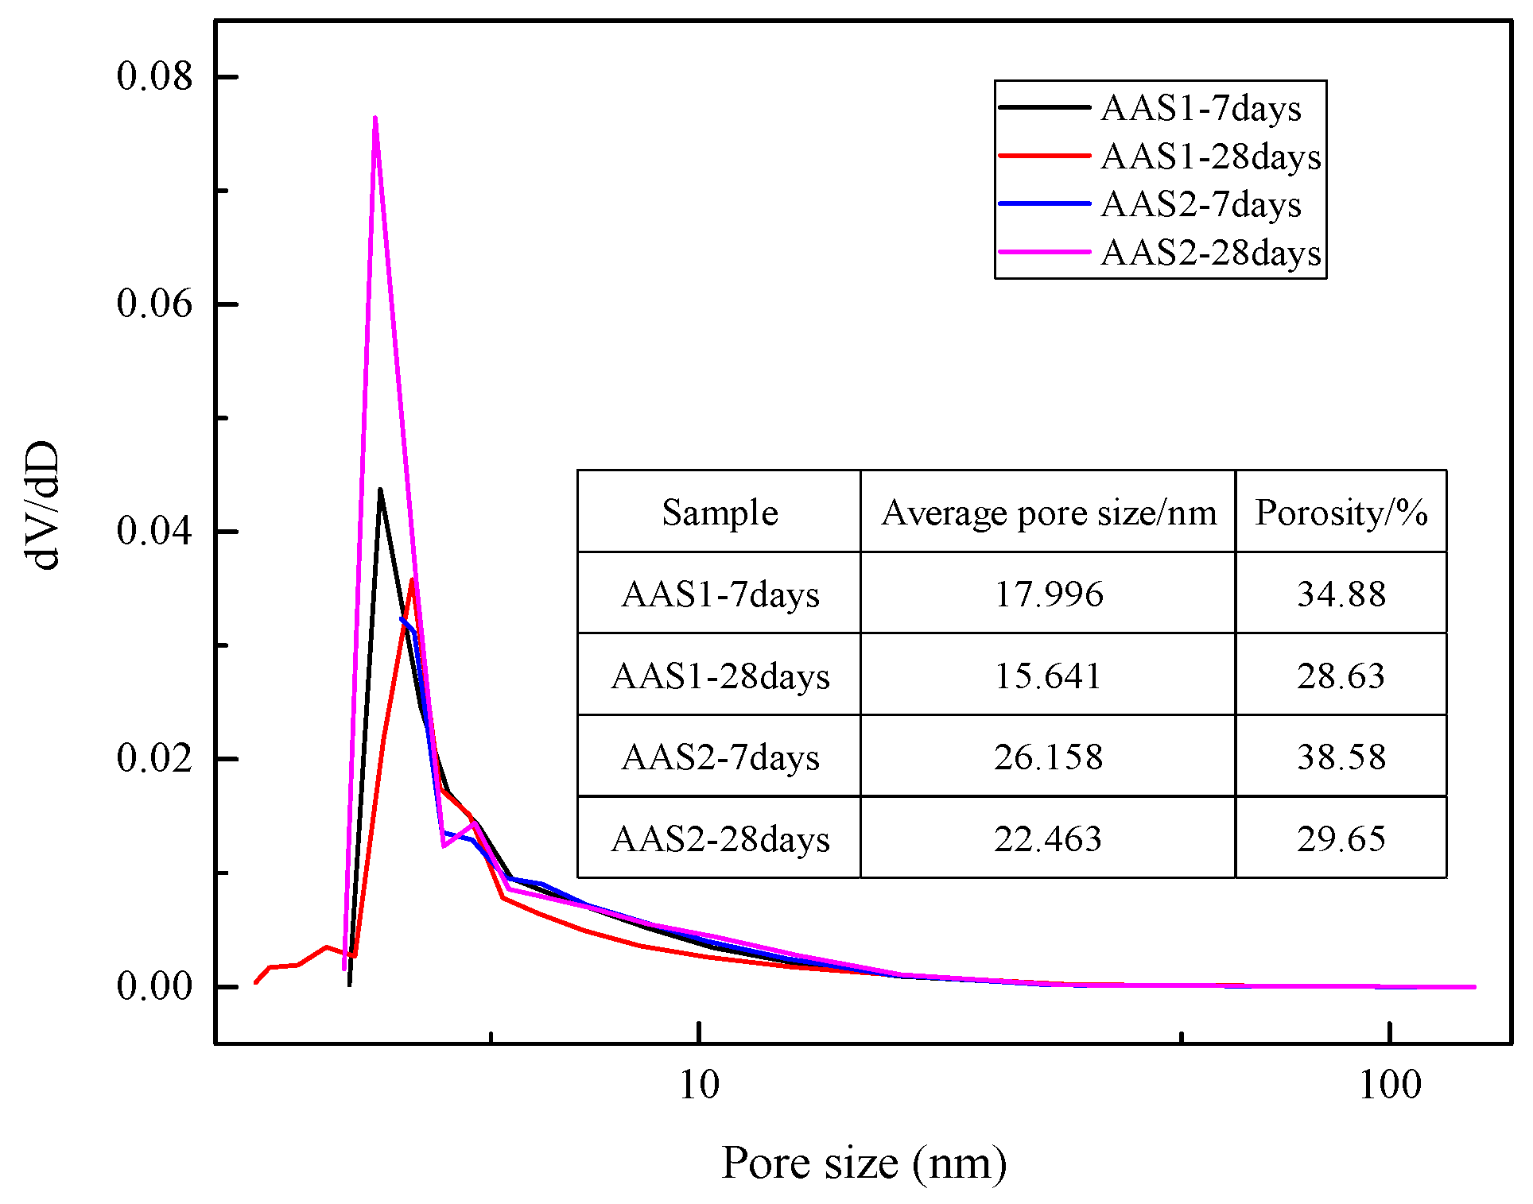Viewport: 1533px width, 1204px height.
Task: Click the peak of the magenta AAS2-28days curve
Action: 375,118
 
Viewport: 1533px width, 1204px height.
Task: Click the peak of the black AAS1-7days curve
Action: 380,490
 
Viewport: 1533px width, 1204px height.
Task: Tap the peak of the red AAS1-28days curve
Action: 412,579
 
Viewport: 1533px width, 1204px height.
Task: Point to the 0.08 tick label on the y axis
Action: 154,76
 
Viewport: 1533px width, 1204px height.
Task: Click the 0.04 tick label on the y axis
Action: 154,531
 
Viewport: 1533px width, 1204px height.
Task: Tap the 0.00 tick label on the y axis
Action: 154,986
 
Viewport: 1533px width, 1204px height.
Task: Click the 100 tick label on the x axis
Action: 1389,1085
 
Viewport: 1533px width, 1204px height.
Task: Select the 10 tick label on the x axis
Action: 699,1085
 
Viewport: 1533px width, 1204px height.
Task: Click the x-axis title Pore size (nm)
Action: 864,1163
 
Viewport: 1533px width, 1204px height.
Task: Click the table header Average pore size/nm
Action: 1048,513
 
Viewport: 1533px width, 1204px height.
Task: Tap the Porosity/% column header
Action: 1341,513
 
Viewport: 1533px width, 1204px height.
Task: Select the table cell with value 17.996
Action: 1048,594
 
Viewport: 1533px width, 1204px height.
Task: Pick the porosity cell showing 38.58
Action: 1341,757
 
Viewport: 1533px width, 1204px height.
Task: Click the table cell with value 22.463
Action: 1048,838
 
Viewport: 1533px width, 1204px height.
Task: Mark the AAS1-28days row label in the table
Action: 720,676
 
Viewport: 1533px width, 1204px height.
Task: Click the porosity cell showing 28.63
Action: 1341,676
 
